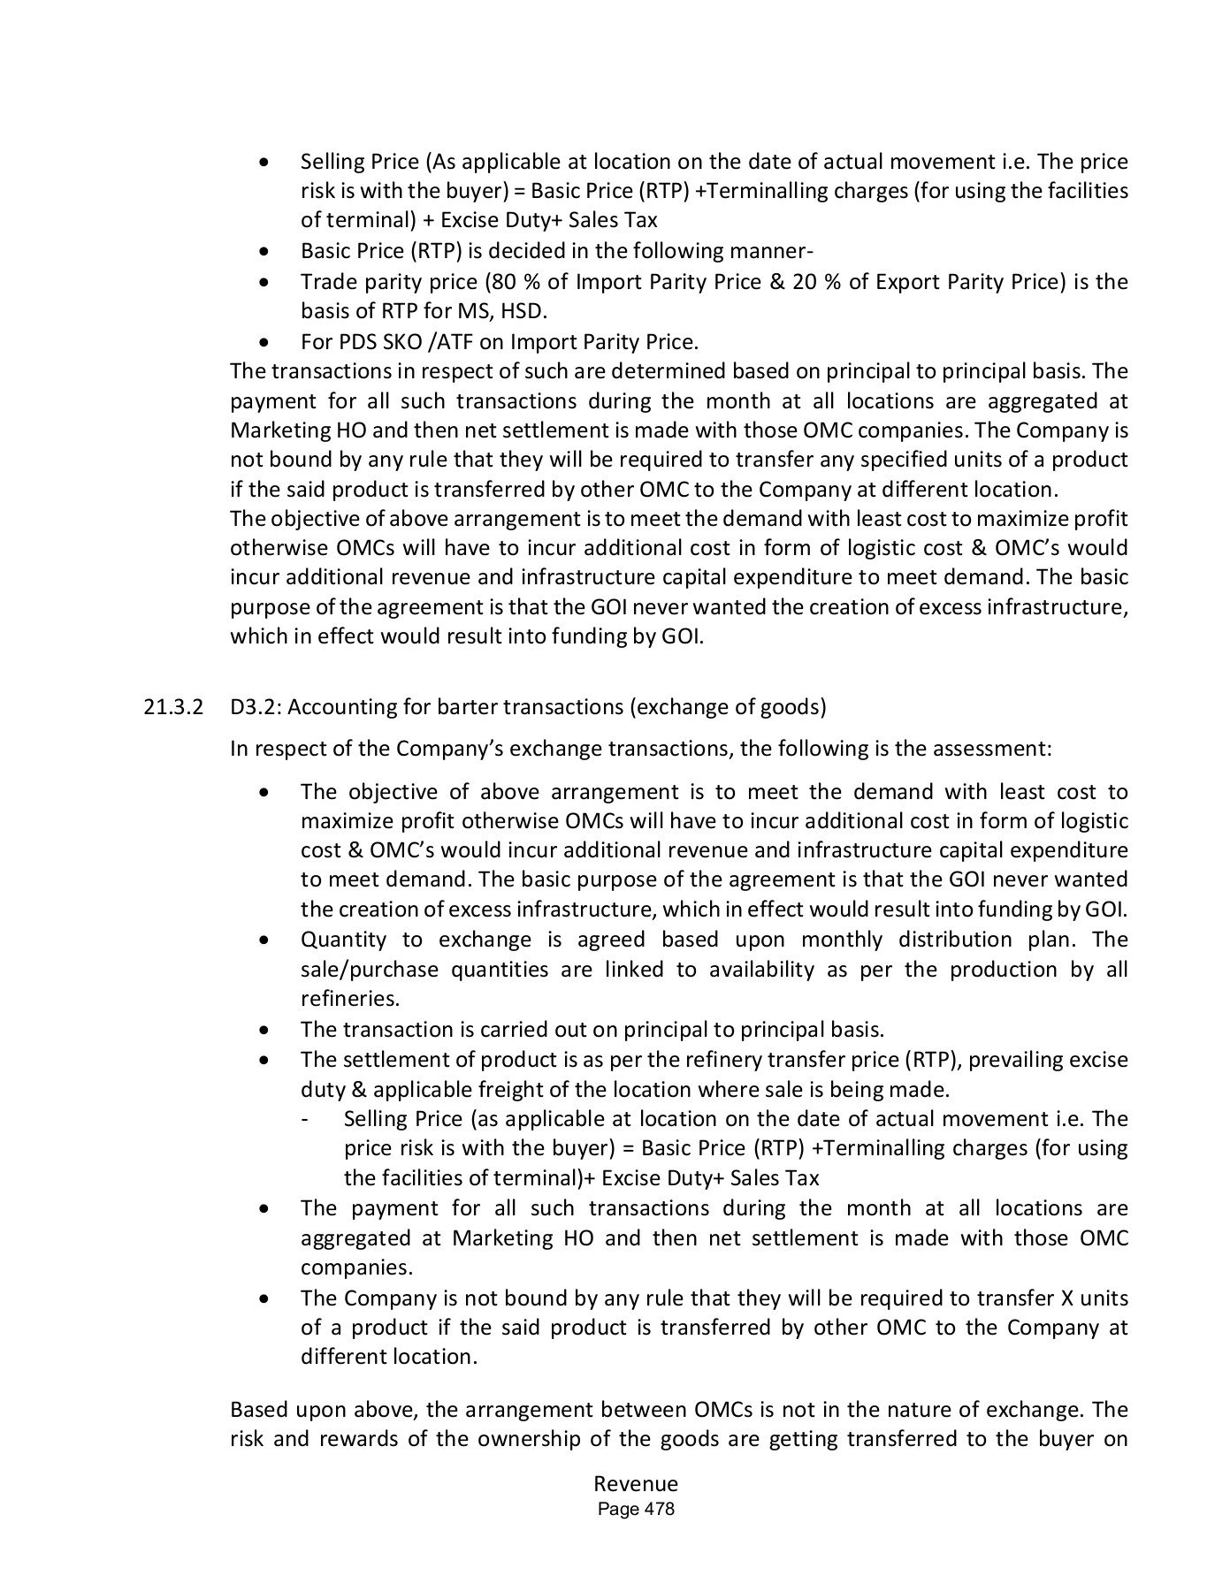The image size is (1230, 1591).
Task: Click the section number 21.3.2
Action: tap(172, 707)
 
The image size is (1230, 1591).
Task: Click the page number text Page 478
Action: tap(636, 1509)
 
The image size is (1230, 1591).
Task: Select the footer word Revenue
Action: tap(636, 1484)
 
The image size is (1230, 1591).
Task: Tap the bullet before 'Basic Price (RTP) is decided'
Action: tap(264, 252)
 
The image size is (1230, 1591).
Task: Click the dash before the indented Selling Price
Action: tap(305, 1120)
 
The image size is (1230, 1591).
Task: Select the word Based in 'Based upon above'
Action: tap(255, 1409)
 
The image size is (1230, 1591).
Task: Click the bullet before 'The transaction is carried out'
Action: tap(264, 1031)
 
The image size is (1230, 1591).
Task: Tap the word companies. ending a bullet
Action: tap(356, 1267)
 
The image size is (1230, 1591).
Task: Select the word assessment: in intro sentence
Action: tap(999, 749)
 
